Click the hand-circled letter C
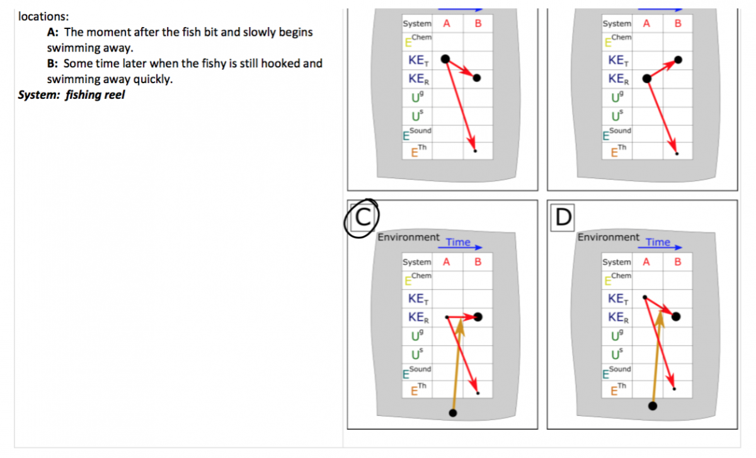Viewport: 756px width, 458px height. (363, 217)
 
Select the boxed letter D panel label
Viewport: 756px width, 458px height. (563, 217)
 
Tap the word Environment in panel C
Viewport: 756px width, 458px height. (408, 238)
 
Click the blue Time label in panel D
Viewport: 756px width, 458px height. (658, 242)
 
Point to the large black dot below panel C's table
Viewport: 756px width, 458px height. (453, 413)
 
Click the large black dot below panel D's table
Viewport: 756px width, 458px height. (653, 406)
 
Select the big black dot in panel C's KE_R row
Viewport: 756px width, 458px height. (478, 317)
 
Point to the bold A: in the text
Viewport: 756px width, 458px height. (53, 32)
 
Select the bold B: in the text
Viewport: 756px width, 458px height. (52, 64)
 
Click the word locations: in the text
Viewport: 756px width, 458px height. (43, 16)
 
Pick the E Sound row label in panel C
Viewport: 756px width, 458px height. (417, 372)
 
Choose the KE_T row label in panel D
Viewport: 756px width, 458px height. (618, 299)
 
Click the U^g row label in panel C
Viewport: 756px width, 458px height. (417, 336)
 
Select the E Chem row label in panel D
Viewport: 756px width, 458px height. (617, 279)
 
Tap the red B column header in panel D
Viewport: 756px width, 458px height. (678, 262)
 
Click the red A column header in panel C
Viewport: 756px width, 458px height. (447, 262)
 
